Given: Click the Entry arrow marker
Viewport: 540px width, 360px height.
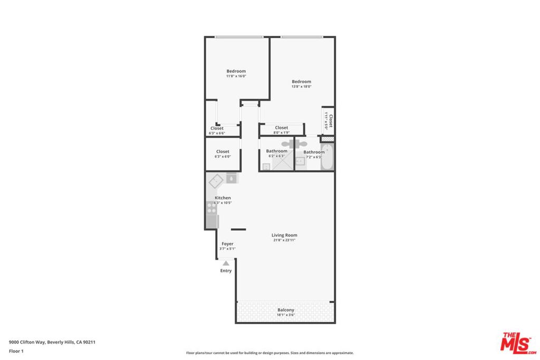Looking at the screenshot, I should point(226,262).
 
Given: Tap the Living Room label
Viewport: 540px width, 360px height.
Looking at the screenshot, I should point(284,235).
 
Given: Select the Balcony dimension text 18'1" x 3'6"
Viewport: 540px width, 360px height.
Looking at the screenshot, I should point(285,315).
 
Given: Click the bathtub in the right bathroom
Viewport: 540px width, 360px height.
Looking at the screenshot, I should point(327,158).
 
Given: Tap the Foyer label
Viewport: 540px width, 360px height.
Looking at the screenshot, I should point(227,244).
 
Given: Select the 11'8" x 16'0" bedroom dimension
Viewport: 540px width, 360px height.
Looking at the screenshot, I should point(236,76).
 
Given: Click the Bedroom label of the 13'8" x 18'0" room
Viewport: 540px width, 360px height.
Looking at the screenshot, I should point(301,82).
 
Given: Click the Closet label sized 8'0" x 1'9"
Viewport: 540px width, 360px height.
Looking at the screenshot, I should point(282,128).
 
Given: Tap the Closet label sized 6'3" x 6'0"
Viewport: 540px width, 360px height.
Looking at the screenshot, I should point(222,152).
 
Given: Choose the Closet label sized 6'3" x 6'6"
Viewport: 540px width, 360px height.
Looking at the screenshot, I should point(217,128).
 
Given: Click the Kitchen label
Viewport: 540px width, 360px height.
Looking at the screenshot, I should point(223,198).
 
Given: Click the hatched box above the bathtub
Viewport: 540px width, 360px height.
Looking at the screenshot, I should point(327,139).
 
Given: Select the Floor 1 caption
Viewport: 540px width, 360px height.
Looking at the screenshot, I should point(16,351).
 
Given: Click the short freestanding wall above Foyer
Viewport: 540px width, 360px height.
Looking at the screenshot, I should point(238,229).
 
